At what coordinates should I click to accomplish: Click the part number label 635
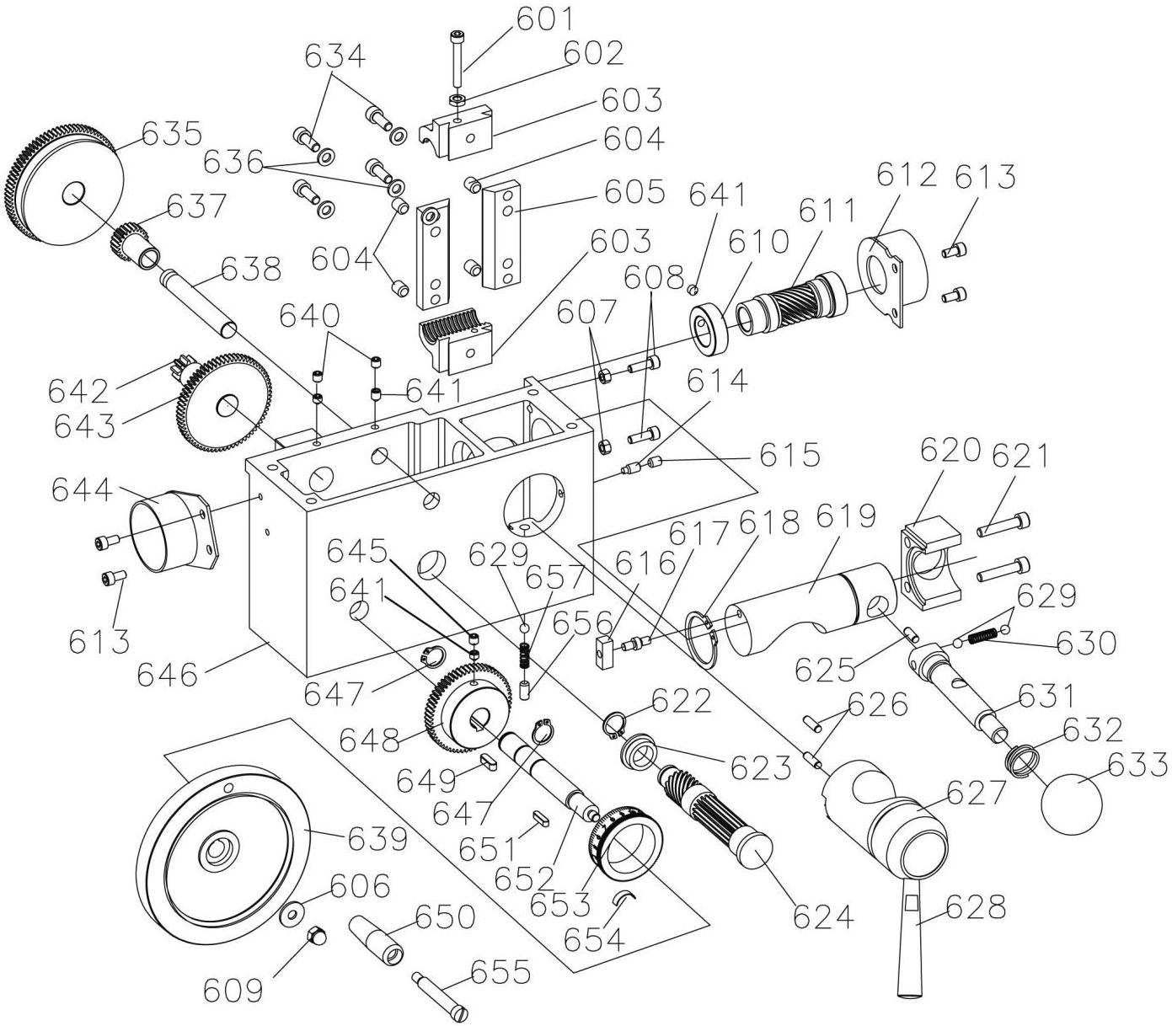[x=171, y=135]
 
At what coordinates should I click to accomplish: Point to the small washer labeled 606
[x=292, y=915]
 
